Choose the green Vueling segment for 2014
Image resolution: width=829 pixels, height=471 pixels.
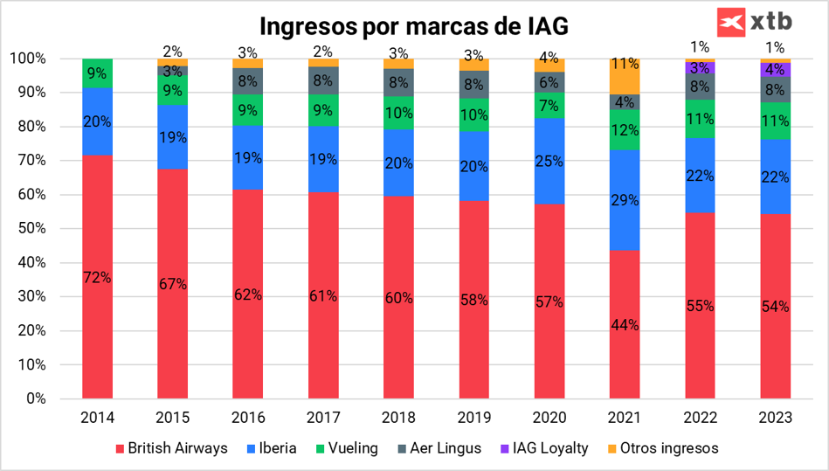click(x=97, y=73)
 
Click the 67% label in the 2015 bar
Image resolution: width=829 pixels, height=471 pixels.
click(x=172, y=284)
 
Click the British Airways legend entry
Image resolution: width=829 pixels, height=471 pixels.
click(x=170, y=448)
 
